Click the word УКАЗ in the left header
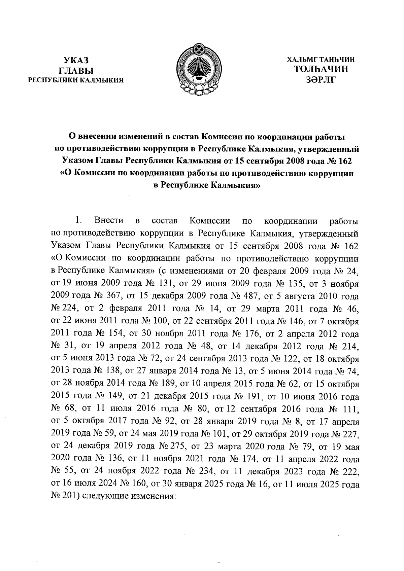pyautogui.click(x=75, y=61)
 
